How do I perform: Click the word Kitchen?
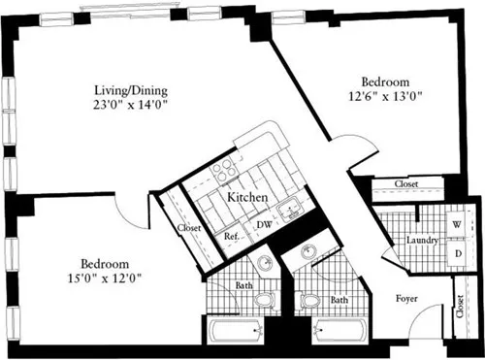coord(247,198)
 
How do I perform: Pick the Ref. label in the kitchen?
coord(232,235)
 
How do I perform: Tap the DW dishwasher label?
coord(262,225)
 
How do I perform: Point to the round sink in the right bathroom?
coord(307,254)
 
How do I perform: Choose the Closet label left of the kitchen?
coord(190,229)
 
